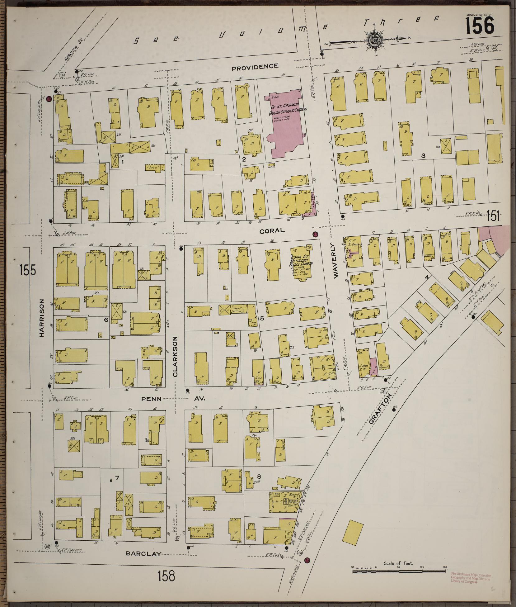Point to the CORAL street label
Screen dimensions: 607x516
pos(272,230)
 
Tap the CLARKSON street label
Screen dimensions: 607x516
pos(175,356)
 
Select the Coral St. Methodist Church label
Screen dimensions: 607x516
pos(301,263)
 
